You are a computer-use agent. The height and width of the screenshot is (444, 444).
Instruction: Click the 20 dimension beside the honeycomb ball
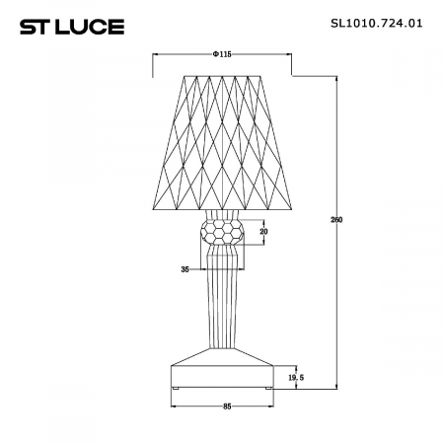[262, 232]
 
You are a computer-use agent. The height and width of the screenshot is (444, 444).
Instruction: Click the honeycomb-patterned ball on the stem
[223, 233]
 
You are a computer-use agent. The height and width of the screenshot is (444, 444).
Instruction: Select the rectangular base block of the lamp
[223, 375]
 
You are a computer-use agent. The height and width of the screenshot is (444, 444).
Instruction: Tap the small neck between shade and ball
[223, 212]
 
